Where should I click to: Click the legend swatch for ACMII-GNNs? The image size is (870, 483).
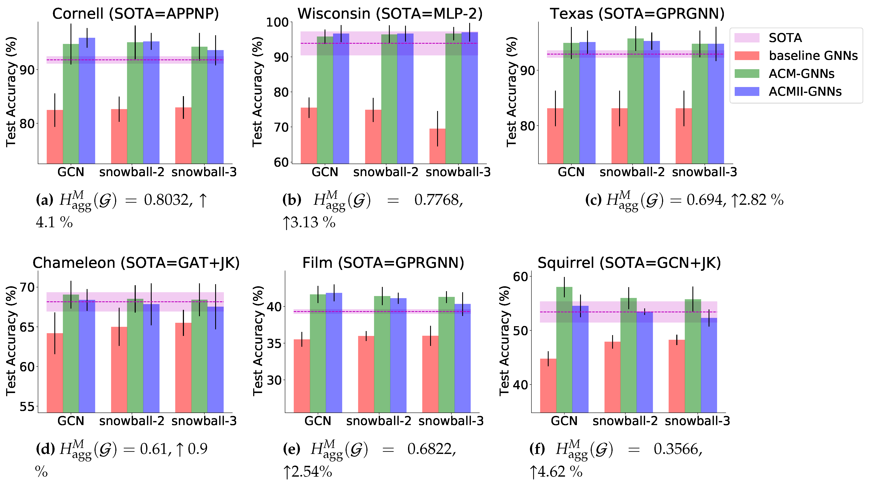[x=747, y=91]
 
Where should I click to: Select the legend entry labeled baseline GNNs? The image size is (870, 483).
[x=813, y=56]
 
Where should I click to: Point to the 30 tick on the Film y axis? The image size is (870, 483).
[x=274, y=380]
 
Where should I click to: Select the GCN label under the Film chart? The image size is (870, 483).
[x=318, y=421]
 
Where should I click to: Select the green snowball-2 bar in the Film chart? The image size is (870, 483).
[x=382, y=354]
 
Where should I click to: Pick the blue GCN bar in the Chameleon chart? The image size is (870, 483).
[x=87, y=356]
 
